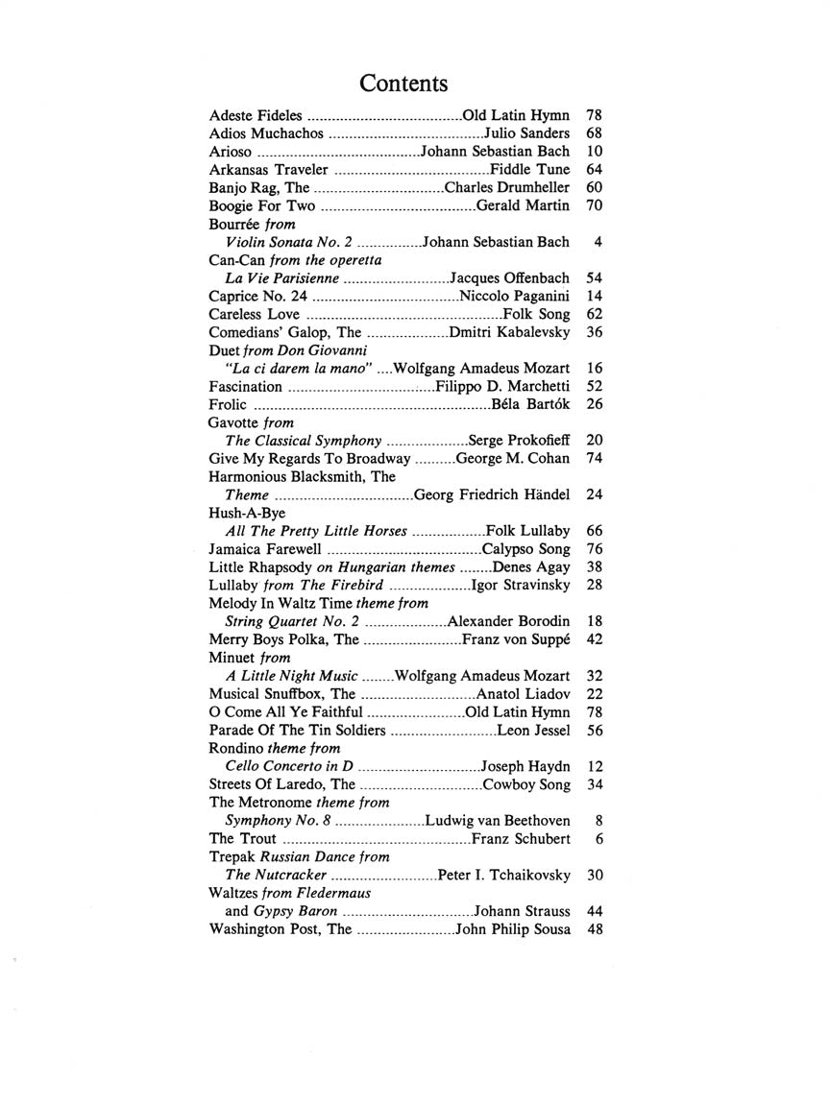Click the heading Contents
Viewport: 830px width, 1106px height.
403,84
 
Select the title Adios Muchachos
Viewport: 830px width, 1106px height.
266,133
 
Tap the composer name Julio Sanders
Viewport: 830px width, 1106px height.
526,133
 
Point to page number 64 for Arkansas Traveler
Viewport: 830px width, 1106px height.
593,169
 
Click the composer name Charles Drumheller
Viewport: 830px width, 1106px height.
507,187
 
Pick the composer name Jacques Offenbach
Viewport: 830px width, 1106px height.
510,277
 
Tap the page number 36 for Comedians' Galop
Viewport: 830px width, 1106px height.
593,332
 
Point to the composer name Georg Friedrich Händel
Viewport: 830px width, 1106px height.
492,494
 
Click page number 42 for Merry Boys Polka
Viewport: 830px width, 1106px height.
593,639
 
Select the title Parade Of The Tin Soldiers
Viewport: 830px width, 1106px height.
298,730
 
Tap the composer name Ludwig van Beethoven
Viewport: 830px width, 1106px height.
497,821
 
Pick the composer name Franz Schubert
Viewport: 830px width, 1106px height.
522,839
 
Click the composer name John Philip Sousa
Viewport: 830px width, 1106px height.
513,929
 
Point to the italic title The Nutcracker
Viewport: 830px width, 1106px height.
277,875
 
